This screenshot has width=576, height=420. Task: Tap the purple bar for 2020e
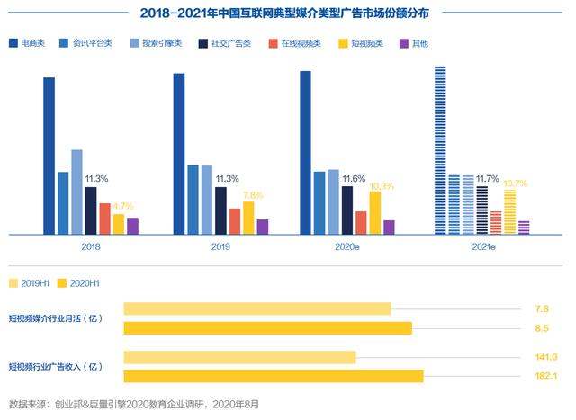[x=389, y=227]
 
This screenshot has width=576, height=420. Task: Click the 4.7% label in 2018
[x=123, y=206]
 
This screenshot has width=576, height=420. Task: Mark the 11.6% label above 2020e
[x=354, y=179]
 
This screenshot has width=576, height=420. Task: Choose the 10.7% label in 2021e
[x=515, y=183]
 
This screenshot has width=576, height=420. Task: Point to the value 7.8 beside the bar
[x=541, y=308]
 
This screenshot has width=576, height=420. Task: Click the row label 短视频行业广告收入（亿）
[x=57, y=366]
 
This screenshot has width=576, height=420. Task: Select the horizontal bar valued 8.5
[x=267, y=327]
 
